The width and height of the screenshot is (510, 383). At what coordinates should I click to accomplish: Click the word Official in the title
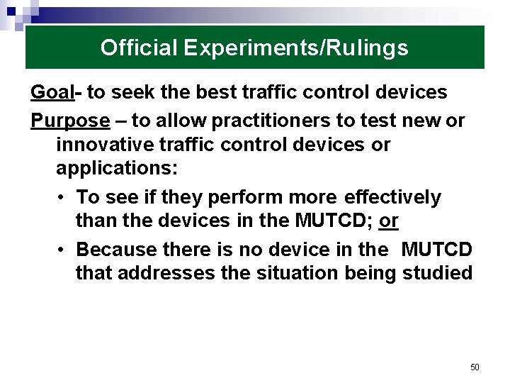[x=139, y=48]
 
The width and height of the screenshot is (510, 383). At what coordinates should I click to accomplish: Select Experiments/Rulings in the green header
[x=295, y=48]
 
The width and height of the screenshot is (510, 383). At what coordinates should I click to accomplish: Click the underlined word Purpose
[x=70, y=121]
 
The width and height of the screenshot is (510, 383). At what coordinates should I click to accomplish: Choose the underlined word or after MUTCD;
[x=389, y=221]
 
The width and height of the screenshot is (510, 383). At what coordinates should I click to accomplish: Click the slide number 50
[x=475, y=367]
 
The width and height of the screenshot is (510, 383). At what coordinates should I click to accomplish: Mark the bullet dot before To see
[x=63, y=197]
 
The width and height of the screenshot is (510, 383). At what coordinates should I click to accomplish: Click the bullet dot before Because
[x=63, y=250]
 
